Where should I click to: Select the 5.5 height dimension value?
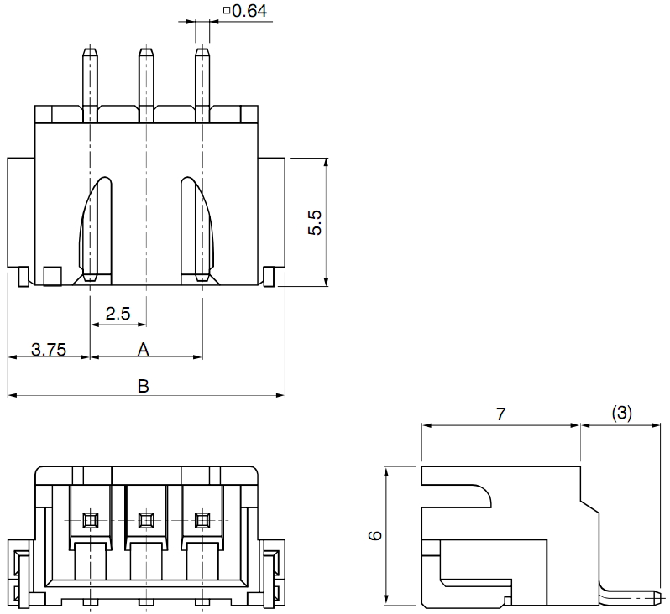(x=315, y=222)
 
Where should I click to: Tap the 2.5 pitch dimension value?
(x=118, y=314)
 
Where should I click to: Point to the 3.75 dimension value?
(x=49, y=349)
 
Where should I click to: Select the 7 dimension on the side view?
(x=500, y=414)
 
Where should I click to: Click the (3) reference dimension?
(x=621, y=413)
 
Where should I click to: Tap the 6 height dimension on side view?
(x=375, y=534)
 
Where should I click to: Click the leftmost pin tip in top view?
(x=90, y=55)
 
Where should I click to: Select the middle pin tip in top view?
(x=145, y=55)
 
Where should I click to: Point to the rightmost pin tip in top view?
(x=202, y=55)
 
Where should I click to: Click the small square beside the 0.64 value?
(x=227, y=11)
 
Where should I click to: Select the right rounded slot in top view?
(x=196, y=226)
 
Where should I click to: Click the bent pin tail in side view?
(x=630, y=598)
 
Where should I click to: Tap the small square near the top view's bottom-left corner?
(x=52, y=275)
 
